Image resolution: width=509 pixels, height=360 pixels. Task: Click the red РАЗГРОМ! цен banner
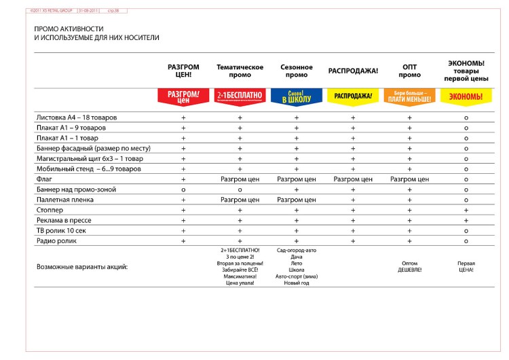click(183, 96)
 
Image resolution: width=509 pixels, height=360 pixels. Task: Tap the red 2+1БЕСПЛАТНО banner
click(240, 96)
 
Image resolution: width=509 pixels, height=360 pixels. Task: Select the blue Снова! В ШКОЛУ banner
click(297, 96)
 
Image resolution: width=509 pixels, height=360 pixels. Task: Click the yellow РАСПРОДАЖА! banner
click(353, 96)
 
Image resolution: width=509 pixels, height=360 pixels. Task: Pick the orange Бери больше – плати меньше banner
click(409, 96)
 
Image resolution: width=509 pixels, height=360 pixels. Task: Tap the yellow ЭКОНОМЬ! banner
click(466, 96)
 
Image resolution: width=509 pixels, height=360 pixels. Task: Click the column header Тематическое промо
click(240, 71)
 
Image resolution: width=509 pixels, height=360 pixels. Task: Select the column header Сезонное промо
click(297, 71)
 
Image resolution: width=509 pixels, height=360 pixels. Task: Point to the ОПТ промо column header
click(409, 71)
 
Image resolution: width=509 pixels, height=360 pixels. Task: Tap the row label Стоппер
click(49, 211)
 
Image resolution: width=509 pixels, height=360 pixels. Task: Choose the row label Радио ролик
click(55, 241)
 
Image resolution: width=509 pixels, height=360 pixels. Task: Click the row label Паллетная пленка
click(62, 200)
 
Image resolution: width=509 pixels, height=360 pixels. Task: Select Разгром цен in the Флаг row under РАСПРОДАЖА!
click(353, 179)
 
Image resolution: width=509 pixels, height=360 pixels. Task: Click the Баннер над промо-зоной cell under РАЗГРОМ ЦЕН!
click(183, 190)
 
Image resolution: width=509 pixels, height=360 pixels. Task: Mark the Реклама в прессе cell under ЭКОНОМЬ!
click(466, 221)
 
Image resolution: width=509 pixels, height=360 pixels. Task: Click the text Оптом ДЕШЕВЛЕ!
click(409, 267)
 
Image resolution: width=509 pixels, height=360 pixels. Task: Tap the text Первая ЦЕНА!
click(466, 267)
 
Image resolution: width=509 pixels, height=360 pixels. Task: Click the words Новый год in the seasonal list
click(297, 283)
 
